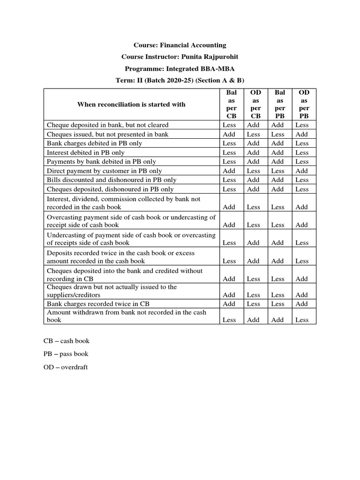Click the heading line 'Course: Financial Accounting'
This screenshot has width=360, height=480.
coord(180,45)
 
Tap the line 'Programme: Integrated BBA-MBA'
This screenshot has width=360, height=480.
coord(180,68)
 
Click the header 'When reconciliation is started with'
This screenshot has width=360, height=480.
coord(131,104)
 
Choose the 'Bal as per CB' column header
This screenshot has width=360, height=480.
coord(229,104)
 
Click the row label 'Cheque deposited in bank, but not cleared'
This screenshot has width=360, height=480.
coord(107,125)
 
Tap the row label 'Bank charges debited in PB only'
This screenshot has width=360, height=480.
coord(94,143)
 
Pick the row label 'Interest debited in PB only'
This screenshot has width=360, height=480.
coord(86,152)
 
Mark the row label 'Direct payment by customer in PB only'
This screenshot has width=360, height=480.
coord(105,171)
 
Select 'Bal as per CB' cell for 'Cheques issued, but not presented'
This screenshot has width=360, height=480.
coord(229,135)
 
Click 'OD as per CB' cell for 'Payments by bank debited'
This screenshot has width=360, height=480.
coord(254,162)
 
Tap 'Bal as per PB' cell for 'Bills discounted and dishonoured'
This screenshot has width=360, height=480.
coord(277,180)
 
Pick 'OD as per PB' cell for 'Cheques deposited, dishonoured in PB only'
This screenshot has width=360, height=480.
coord(302,189)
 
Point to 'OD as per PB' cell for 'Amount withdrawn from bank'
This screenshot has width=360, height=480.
coord(302,320)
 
